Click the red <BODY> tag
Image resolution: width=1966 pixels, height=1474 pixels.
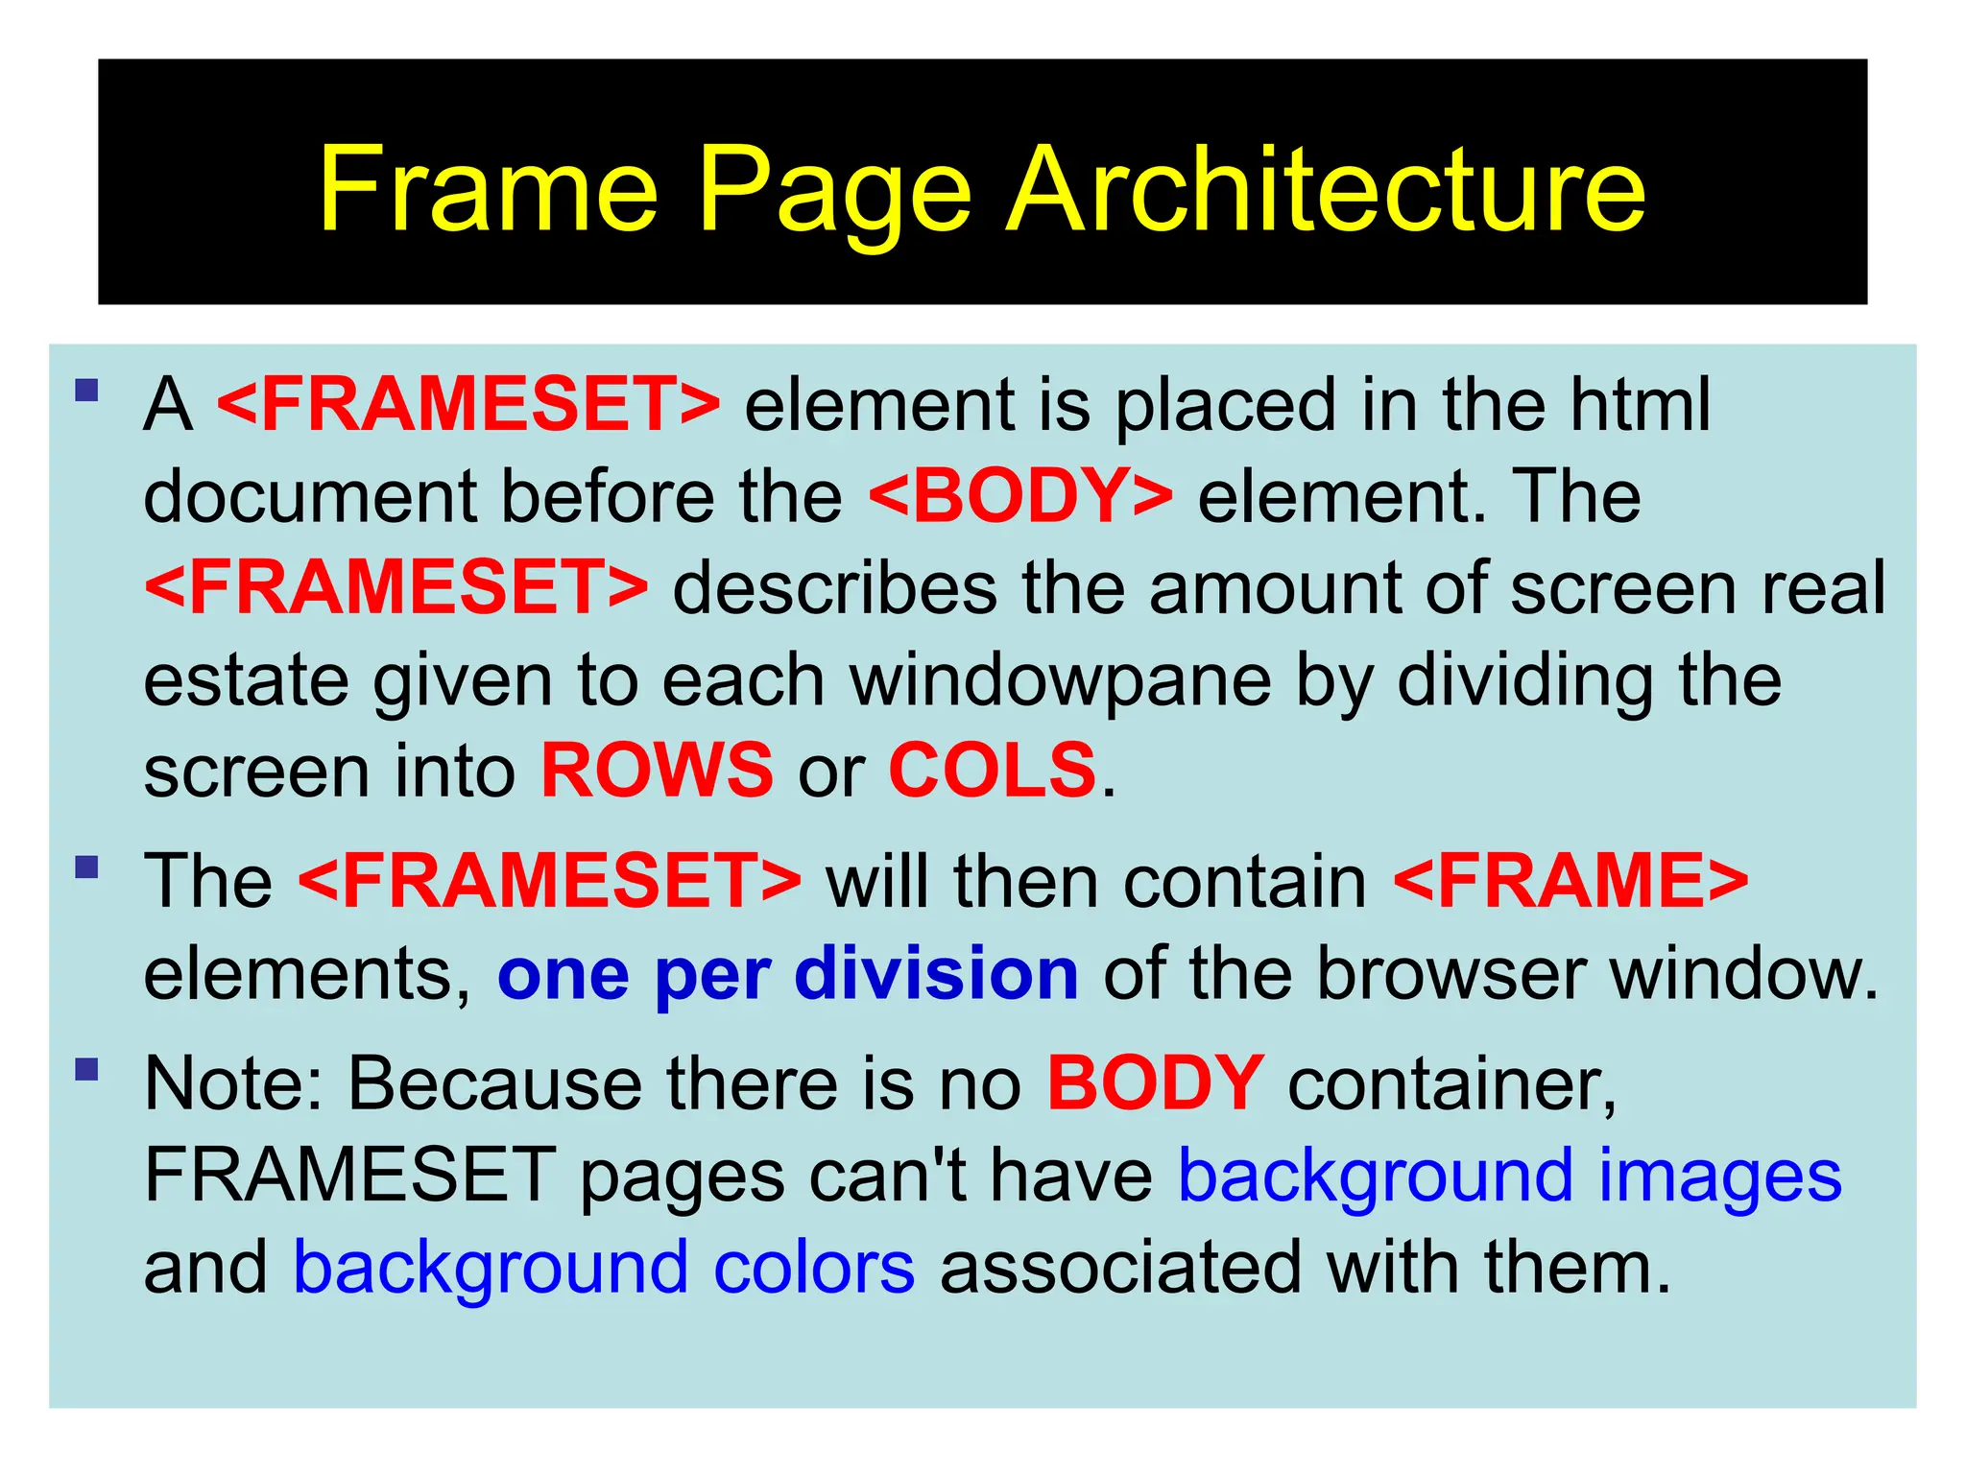(1019, 496)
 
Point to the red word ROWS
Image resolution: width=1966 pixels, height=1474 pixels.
(657, 771)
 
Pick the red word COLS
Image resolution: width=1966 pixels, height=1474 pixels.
(992, 771)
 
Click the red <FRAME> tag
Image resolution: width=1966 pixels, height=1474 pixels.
(1570, 881)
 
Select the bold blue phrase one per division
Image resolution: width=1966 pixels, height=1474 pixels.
(788, 974)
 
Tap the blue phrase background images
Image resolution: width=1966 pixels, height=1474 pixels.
(1509, 1177)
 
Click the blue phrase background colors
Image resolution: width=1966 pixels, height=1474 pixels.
(604, 1269)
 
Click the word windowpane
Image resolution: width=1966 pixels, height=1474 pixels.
(1061, 680)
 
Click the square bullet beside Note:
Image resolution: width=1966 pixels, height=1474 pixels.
(87, 1069)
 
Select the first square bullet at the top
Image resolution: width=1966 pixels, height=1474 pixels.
(87, 391)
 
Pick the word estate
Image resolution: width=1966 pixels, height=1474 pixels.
(246, 680)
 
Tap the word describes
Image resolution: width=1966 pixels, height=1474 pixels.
(834, 588)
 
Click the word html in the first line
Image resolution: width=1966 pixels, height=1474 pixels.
(1640, 404)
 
